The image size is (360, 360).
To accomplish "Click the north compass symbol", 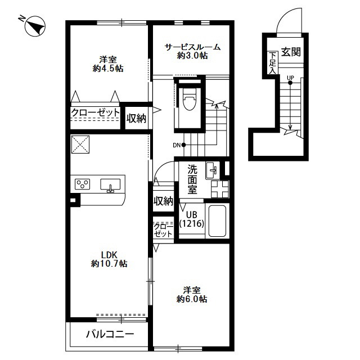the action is pos(35,26).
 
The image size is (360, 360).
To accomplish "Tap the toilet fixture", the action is pos(190,98).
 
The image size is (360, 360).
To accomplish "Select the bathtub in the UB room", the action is pos(217,220).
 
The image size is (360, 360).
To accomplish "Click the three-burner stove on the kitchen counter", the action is pos(83,184).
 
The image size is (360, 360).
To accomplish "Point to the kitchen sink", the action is pos(110,185).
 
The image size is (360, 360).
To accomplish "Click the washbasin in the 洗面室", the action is pos(213,170).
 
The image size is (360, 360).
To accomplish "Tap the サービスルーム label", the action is pos(192,47).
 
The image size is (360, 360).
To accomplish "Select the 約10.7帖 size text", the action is pos(109,264).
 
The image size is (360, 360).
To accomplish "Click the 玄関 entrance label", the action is pos(291,52).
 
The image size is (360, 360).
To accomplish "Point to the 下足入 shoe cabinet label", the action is pos(272,62).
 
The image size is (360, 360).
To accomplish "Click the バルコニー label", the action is pos(110,334).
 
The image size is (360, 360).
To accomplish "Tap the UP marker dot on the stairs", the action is pos(290,83).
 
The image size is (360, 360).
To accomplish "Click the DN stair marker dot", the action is pos(183,145).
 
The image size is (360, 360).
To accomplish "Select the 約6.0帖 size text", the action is pos(192,299).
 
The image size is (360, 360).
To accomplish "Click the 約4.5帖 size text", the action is pos(108,69).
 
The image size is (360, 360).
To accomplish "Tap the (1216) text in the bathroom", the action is pos(192,223).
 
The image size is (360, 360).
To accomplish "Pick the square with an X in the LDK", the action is pos(80,145).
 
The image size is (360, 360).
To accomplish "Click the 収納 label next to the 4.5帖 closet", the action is pos(136,119).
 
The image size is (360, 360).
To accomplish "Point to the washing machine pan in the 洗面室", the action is pos(220,190).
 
